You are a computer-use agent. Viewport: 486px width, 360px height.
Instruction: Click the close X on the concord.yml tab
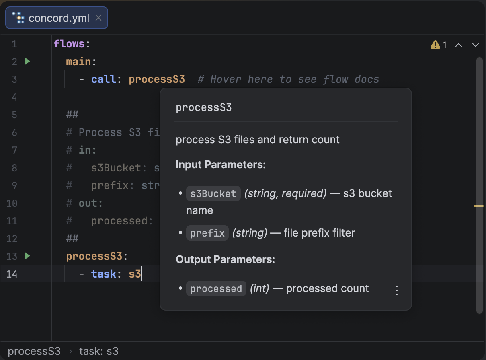pyautogui.click(x=98, y=18)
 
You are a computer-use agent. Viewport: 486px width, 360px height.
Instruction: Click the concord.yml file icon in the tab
pyautogui.click(x=18, y=18)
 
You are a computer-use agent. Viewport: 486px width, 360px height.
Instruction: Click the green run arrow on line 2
pyautogui.click(x=27, y=62)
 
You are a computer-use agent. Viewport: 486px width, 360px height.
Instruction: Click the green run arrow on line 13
pyautogui.click(x=27, y=256)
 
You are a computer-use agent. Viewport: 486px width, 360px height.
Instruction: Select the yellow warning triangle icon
pyautogui.click(x=435, y=45)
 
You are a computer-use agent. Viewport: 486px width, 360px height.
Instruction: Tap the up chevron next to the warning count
pyautogui.click(x=459, y=45)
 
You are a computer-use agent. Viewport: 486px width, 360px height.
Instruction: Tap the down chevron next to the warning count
pyautogui.click(x=476, y=45)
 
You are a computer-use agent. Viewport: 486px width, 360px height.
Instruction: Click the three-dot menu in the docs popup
pyautogui.click(x=397, y=290)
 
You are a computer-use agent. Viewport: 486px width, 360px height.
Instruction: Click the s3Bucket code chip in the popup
pyautogui.click(x=213, y=193)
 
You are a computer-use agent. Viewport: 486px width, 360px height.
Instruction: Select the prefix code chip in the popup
pyautogui.click(x=207, y=233)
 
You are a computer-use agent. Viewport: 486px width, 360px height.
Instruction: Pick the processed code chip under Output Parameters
pyautogui.click(x=216, y=288)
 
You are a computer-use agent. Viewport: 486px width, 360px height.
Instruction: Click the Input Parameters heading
pyautogui.click(x=221, y=165)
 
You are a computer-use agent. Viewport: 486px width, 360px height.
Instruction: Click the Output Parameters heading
pyautogui.click(x=225, y=259)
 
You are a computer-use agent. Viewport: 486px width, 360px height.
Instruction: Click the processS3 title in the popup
pyautogui.click(x=204, y=108)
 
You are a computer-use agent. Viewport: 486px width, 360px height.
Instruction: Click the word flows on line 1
pyautogui.click(x=69, y=44)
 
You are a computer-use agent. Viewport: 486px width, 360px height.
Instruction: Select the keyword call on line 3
pyautogui.click(x=104, y=79)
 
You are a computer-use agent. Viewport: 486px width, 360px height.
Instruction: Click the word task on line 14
pyautogui.click(x=104, y=274)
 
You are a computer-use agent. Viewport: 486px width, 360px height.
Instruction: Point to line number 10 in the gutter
pyautogui.click(x=12, y=203)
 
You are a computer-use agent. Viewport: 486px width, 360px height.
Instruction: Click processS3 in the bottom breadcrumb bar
pyautogui.click(x=34, y=351)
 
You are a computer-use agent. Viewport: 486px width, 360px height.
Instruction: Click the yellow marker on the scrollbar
pyautogui.click(x=479, y=206)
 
